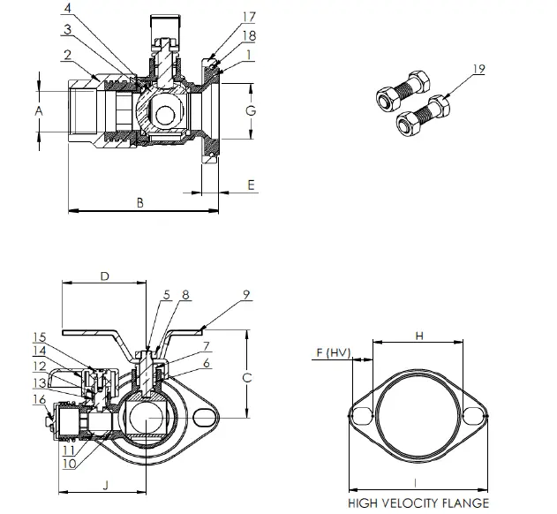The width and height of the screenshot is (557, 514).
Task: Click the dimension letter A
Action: (x=38, y=110)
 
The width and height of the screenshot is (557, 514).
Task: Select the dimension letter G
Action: (x=251, y=110)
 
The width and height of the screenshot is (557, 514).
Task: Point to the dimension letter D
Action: (x=103, y=276)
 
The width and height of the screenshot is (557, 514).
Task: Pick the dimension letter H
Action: (x=419, y=336)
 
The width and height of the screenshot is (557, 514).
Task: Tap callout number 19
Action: (x=478, y=68)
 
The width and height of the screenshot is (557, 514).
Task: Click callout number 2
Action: (x=66, y=56)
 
